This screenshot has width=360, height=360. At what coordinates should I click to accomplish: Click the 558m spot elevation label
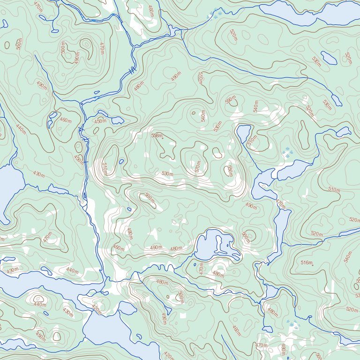pyautogui.click(x=156, y=135)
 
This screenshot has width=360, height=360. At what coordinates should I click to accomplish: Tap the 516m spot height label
pyautogui.click(x=306, y=263)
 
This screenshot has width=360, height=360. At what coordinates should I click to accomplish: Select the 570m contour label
pyautogui.click(x=198, y=166)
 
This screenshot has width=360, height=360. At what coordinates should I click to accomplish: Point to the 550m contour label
pyautogui.click(x=229, y=100)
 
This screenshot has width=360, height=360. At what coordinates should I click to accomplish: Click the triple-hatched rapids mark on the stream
pyautogui.click(x=133, y=71)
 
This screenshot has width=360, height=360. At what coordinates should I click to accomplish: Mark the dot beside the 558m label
pyautogui.click(x=163, y=138)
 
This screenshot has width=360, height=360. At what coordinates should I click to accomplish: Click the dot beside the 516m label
pyautogui.click(x=312, y=265)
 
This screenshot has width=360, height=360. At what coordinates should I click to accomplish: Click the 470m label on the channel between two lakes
pyautogui.click(x=280, y=204)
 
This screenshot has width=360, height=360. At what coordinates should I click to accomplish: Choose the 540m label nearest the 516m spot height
pyautogui.click(x=347, y=257)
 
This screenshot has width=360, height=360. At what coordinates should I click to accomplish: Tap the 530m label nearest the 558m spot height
pyautogui.click(x=167, y=174)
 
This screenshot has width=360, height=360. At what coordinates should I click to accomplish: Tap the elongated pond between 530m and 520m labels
pyautogui.click(x=329, y=58)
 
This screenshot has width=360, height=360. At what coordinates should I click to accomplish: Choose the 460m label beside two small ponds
pyautogui.click(x=65, y=120)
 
